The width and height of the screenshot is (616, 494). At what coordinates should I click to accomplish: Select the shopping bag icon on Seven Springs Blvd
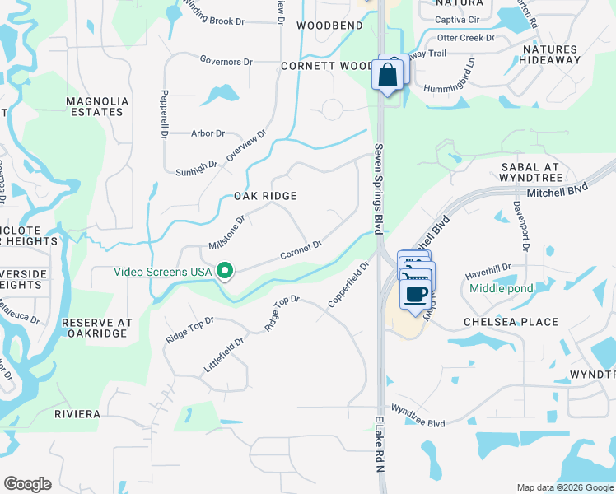coord(387,75)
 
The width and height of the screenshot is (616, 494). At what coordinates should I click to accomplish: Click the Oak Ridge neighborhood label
coord(265,196)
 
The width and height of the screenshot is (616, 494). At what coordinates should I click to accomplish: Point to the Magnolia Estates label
coord(98,106)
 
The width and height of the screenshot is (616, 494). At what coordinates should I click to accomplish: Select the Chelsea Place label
coord(511,322)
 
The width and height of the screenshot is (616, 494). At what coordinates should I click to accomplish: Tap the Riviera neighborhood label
coord(78,413)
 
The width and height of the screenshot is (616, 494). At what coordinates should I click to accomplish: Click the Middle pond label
coord(502,288)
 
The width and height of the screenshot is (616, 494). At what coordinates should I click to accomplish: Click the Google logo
coord(28,484)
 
